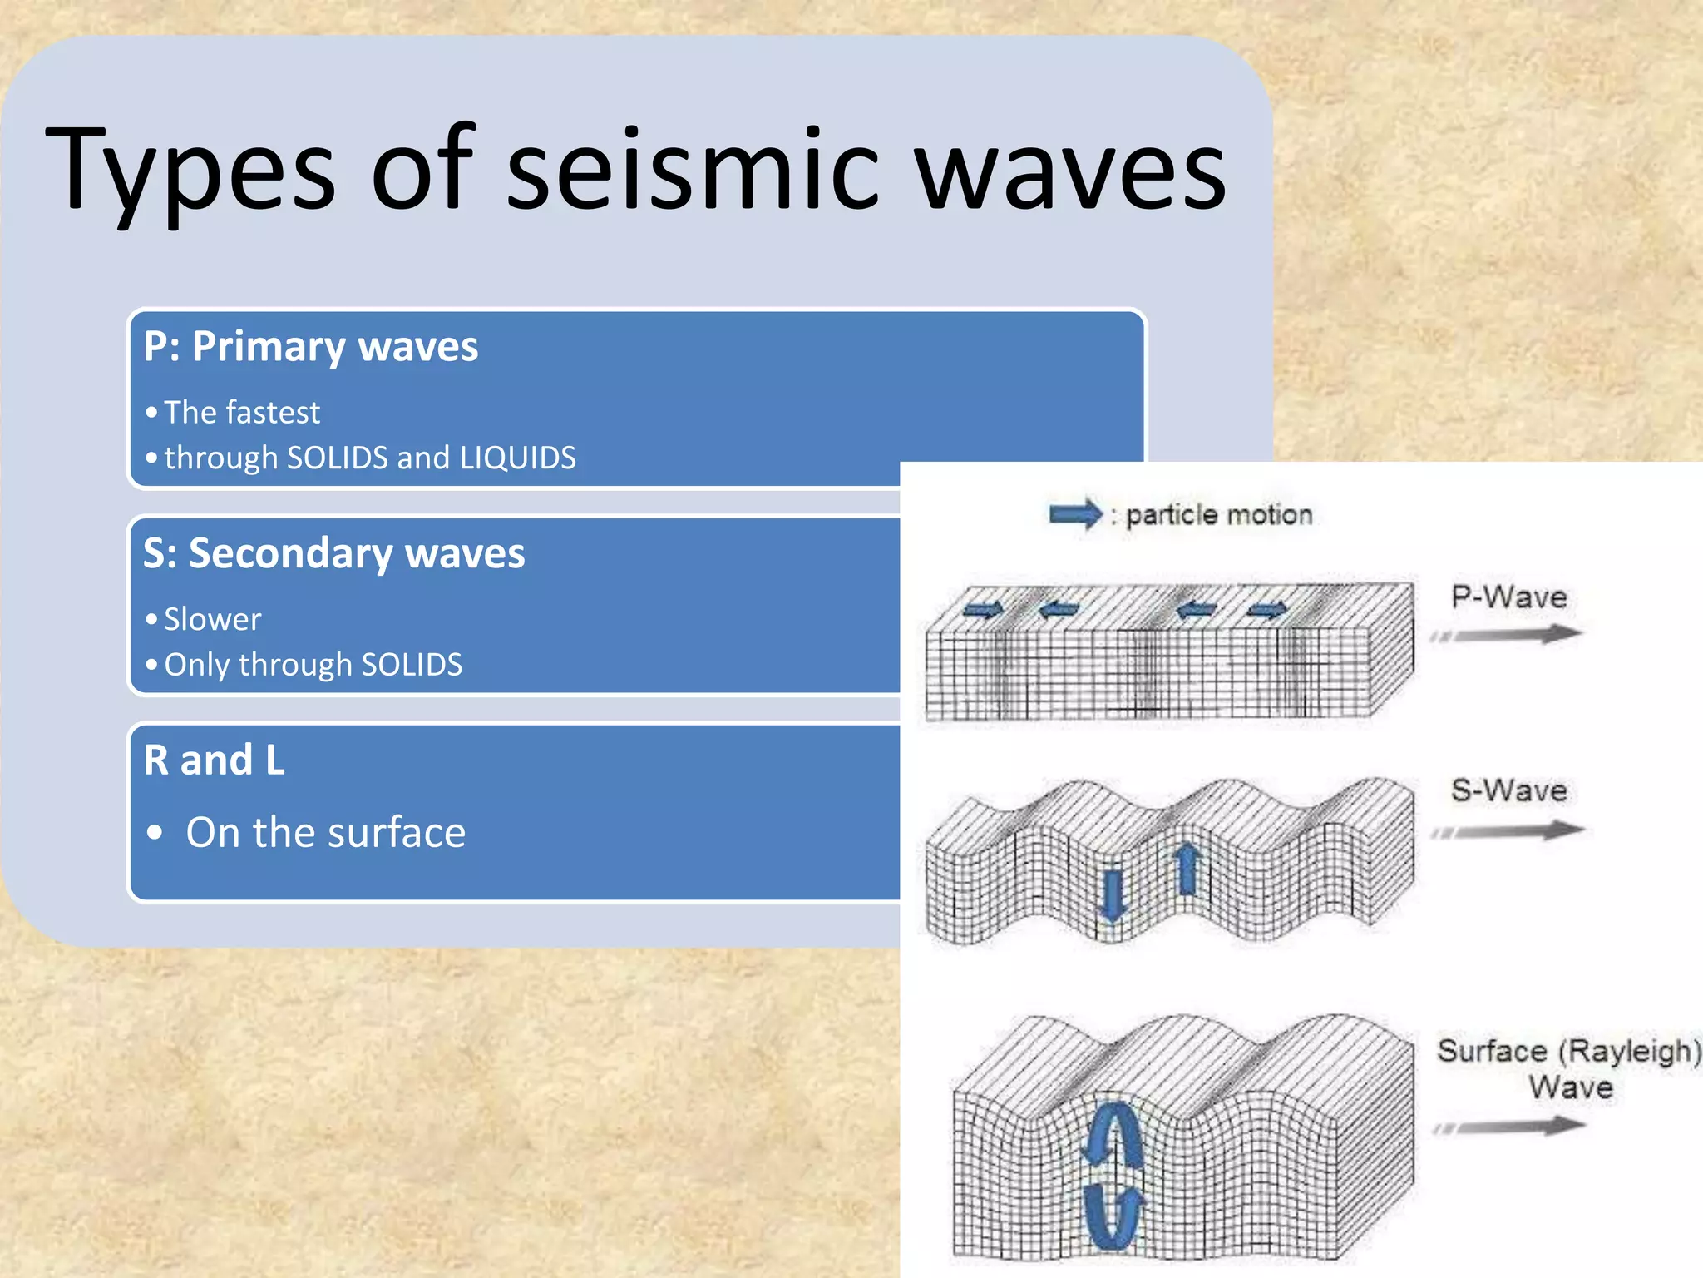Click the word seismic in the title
tap(692, 171)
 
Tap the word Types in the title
tap(191, 171)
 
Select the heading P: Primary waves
tap(310, 347)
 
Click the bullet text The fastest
tap(241, 413)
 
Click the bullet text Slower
tap(212, 620)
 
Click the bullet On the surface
tap(325, 833)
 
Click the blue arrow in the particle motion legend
tap(1075, 514)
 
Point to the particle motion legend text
tap(1219, 515)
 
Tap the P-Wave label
tap(1508, 597)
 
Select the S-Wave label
tap(1508, 790)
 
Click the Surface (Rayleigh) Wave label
tap(1568, 1068)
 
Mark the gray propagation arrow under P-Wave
tap(1507, 636)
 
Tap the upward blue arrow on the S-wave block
tap(1187, 869)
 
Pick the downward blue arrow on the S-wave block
tap(1112, 895)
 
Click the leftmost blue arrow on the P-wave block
tap(983, 611)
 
